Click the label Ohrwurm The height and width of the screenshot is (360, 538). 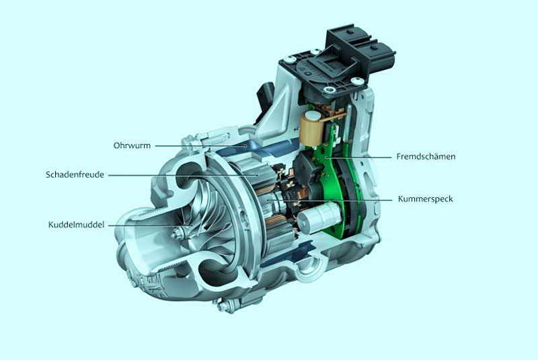coord(132,145)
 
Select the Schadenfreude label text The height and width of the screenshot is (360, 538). coord(75,174)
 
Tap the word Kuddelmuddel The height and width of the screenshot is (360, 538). coord(76,225)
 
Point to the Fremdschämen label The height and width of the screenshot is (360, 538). coord(426,157)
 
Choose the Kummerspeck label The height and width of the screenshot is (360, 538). coord(426,199)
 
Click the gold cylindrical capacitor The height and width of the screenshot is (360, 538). coord(309,128)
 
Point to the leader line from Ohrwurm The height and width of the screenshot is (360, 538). coord(200,146)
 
